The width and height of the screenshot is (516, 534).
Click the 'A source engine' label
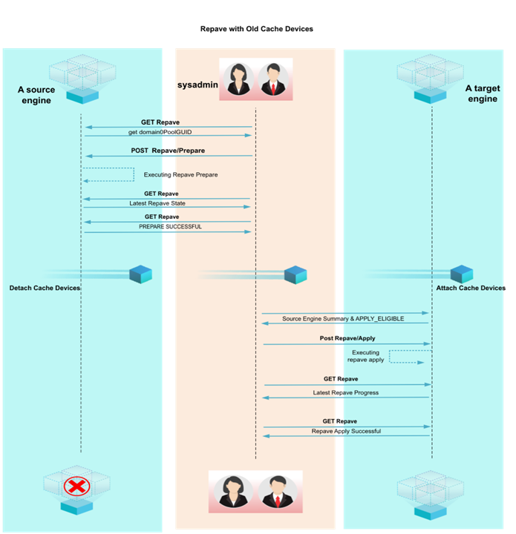36,95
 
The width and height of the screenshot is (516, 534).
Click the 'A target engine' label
483,93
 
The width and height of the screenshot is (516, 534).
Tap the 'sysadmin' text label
197,85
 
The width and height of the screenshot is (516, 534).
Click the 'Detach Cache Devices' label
45,288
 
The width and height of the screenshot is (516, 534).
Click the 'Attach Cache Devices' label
470,288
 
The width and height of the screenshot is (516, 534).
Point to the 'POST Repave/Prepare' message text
168,151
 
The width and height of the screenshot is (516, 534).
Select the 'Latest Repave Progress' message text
345,392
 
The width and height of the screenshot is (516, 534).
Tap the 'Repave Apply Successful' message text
345,431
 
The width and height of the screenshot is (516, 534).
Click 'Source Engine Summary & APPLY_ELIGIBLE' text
343,318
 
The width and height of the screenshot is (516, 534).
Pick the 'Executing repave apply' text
365,356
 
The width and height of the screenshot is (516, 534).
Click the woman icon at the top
240,80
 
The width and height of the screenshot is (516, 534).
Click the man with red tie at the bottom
277,492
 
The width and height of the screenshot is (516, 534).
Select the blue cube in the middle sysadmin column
295,274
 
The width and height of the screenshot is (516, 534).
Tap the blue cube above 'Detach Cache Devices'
140,274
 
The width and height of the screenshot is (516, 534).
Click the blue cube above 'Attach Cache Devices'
461,274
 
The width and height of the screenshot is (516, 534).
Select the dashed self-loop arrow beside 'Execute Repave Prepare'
108,174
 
